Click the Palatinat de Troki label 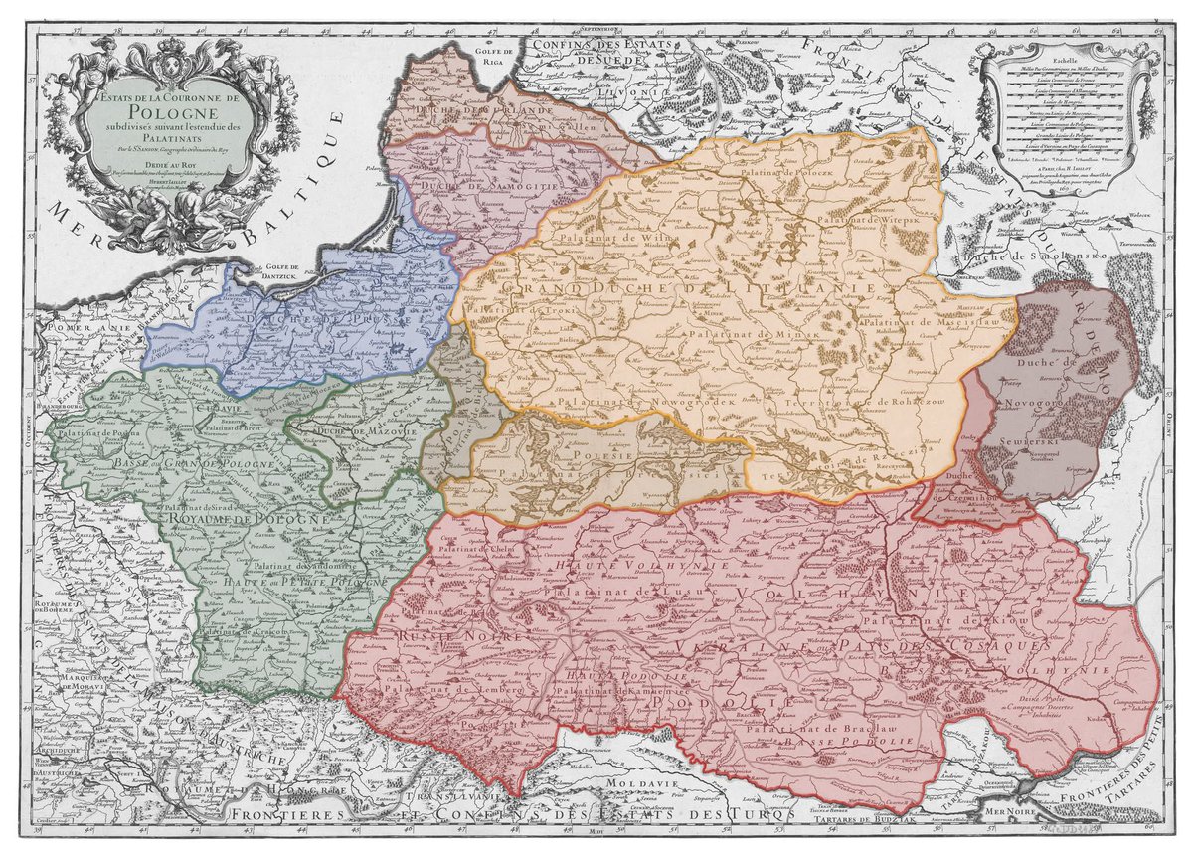click(x=508, y=310)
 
